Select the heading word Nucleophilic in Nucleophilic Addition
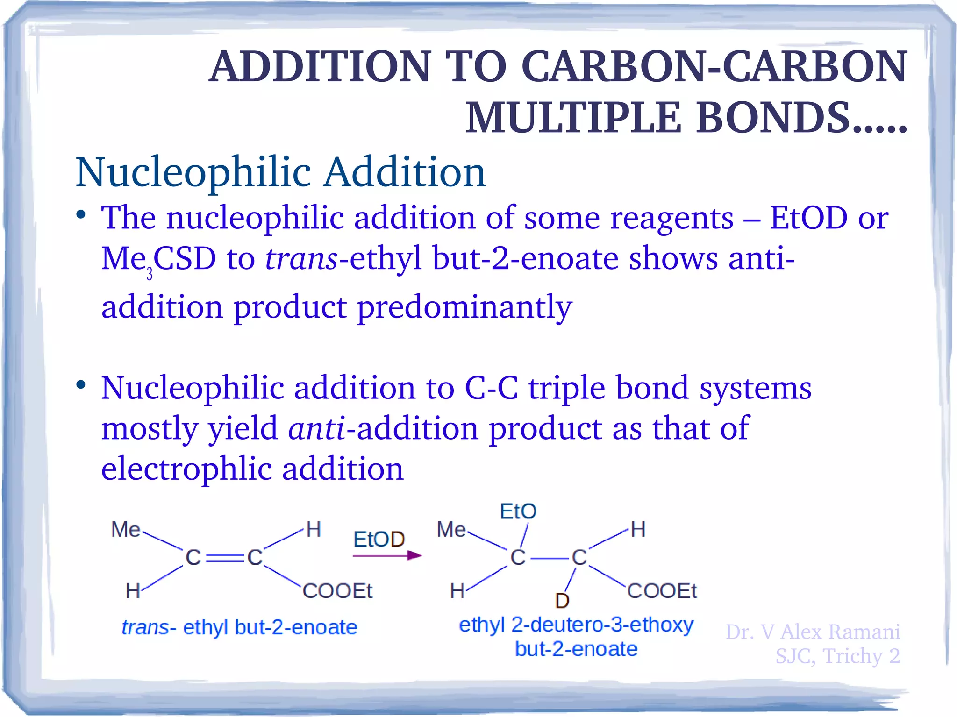click(193, 172)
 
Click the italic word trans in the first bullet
click(301, 258)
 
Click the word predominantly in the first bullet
click(464, 307)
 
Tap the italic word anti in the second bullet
click(317, 428)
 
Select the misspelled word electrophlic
click(186, 469)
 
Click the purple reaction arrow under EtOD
click(387, 555)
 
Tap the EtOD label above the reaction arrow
click(379, 540)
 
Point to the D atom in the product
click(562, 601)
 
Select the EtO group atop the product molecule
click(518, 511)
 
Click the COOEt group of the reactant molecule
click(337, 591)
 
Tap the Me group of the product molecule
click(451, 530)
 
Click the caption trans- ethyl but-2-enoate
click(239, 627)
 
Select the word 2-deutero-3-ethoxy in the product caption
click(602, 625)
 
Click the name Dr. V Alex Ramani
click(813, 632)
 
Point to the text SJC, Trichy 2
click(837, 656)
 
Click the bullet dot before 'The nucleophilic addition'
click(81, 215)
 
